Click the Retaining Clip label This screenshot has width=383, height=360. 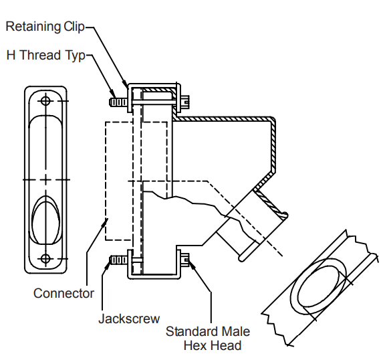(45, 26)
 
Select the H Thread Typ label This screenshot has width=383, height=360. (46, 55)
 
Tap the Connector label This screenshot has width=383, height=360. (63, 293)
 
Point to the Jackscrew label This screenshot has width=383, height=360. (129, 319)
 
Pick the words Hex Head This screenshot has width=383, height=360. (213, 345)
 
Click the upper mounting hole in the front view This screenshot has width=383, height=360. (45, 101)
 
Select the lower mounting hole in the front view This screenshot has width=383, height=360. (45, 258)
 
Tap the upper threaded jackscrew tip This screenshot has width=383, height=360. (118, 102)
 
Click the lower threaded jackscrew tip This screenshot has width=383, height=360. (118, 260)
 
